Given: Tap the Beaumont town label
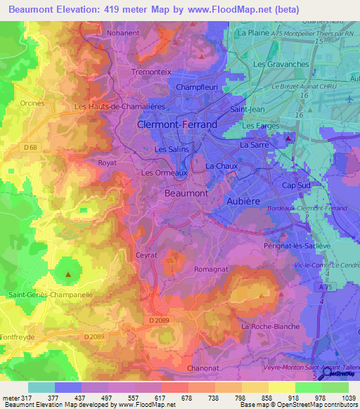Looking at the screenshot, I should click(x=186, y=193).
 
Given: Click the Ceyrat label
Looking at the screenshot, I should click(x=146, y=257).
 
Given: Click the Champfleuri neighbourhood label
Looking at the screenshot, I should click(x=195, y=87).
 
